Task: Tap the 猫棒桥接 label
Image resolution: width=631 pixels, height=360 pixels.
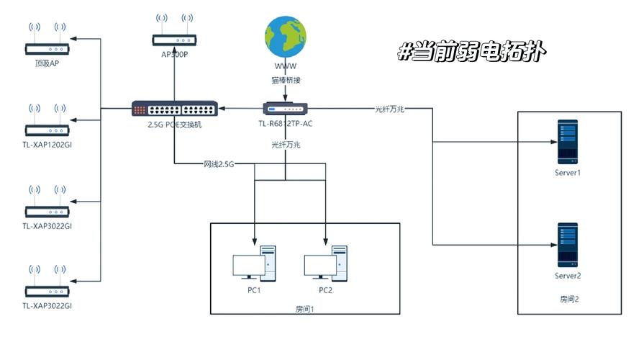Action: [x=285, y=81]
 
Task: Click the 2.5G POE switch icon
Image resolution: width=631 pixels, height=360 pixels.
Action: [x=173, y=109]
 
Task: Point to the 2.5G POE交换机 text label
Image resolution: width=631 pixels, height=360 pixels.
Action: [x=173, y=124]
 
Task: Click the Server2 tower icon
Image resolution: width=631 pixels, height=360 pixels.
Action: [x=567, y=246]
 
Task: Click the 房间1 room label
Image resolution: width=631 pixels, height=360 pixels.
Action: [x=305, y=309]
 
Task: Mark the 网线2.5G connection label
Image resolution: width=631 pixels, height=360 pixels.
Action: [x=219, y=165]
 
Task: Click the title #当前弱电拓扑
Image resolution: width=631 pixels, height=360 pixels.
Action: [x=471, y=52]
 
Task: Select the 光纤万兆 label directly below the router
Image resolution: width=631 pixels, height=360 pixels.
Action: [x=285, y=145]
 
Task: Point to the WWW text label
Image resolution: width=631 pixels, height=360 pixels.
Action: [x=285, y=66]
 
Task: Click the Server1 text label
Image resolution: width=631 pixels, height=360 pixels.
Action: [x=567, y=174]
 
